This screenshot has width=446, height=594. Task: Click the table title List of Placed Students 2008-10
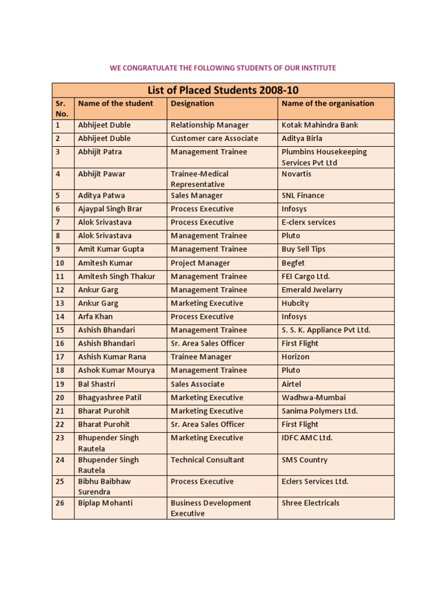(x=223, y=90)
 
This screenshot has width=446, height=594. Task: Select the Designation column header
(x=192, y=103)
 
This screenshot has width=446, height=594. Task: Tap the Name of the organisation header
(x=328, y=103)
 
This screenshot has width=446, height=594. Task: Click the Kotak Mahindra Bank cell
(x=319, y=125)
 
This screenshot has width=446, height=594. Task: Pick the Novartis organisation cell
(x=296, y=173)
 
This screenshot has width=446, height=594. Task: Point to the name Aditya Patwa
(x=101, y=195)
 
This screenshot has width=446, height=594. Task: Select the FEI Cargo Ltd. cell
(x=305, y=276)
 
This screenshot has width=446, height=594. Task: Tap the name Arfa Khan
(x=95, y=317)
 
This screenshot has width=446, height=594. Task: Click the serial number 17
(x=60, y=357)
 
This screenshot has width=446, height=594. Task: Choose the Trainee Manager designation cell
(x=201, y=357)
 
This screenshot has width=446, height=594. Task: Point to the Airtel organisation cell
(x=291, y=384)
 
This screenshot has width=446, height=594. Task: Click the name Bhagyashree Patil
(x=109, y=397)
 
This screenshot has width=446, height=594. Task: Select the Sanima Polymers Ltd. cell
(x=319, y=411)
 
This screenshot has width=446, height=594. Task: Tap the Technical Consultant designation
(x=207, y=459)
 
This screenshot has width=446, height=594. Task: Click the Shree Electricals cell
(x=310, y=503)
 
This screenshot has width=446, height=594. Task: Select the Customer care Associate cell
(x=214, y=138)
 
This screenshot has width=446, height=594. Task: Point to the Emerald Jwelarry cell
(x=312, y=289)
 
